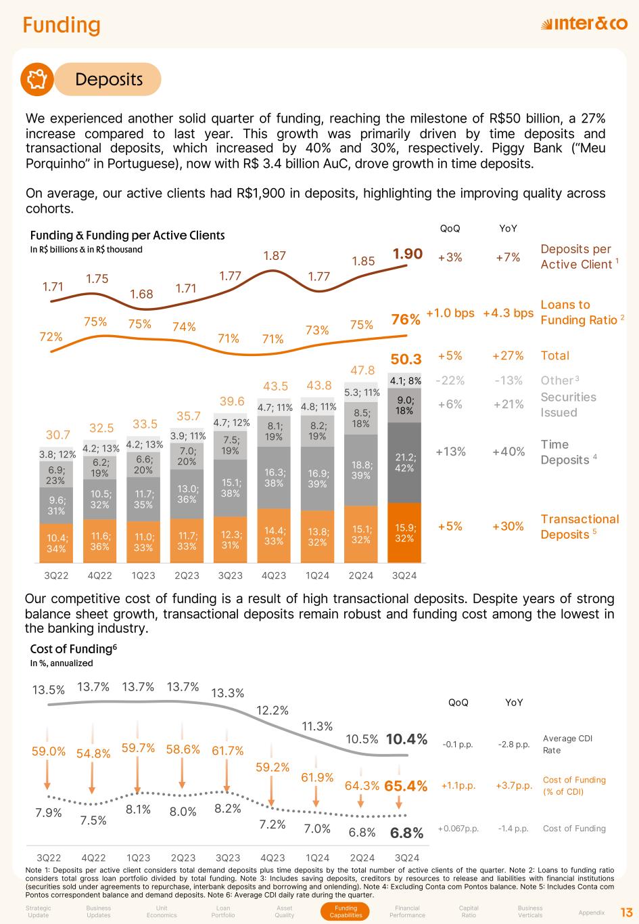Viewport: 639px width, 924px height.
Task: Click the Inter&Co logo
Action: pyautogui.click(x=584, y=24)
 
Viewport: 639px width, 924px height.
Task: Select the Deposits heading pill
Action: pyautogui.click(x=108, y=79)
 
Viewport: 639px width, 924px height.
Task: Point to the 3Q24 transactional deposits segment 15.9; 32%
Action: pyautogui.click(x=404, y=533)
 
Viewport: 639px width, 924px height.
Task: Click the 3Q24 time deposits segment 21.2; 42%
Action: pyautogui.click(x=404, y=462)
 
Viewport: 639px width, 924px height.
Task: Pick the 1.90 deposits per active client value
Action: pyautogui.click(x=408, y=254)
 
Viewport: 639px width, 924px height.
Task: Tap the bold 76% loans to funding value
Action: pyautogui.click(x=406, y=320)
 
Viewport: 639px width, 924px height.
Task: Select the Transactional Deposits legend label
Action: pyautogui.click(x=579, y=527)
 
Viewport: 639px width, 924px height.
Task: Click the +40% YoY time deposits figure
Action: pyautogui.click(x=508, y=452)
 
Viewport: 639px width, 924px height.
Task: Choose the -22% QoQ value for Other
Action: pyautogui.click(x=450, y=380)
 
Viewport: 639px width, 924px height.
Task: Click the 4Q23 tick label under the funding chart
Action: pyautogui.click(x=273, y=575)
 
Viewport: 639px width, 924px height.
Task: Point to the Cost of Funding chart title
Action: pyautogui.click(x=74, y=648)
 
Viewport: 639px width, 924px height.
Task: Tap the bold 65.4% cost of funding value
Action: pyautogui.click(x=406, y=786)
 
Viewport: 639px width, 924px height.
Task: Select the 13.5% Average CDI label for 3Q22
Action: pyautogui.click(x=49, y=690)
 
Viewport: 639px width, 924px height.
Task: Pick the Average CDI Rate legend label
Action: pyautogui.click(x=567, y=744)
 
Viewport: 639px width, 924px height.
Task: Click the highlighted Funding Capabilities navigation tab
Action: pyautogui.click(x=346, y=912)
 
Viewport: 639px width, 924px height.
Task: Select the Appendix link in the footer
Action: pyautogui.click(x=592, y=912)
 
